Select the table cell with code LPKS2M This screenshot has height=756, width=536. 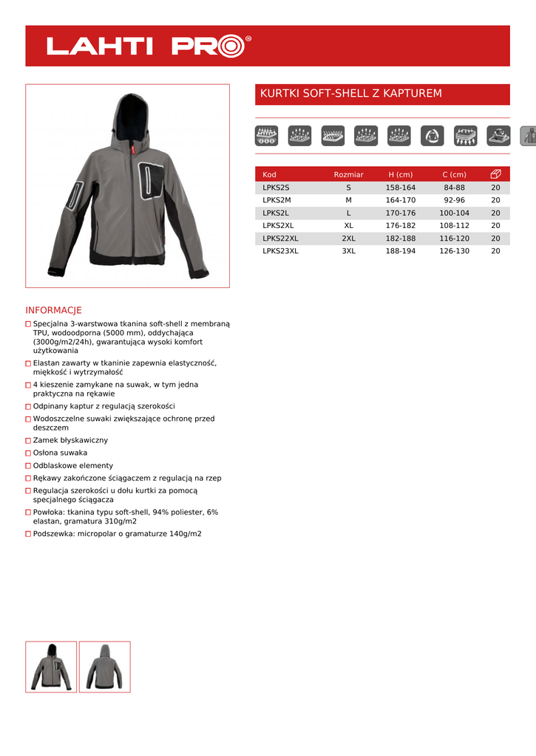(x=277, y=200)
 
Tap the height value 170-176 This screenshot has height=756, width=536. (x=401, y=213)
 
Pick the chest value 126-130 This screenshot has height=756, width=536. (x=454, y=251)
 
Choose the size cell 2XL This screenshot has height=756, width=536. (x=348, y=238)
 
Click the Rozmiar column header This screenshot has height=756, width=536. (x=348, y=175)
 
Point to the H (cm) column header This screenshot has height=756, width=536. (x=401, y=175)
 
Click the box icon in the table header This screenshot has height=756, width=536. (x=495, y=174)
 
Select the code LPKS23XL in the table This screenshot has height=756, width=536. (x=280, y=251)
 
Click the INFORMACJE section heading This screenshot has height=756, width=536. (x=53, y=310)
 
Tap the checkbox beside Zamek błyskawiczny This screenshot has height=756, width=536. (x=28, y=441)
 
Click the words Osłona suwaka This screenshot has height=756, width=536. (x=60, y=453)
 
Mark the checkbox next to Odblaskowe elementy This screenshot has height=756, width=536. (x=28, y=467)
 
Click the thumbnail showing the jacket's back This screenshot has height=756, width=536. (x=104, y=667)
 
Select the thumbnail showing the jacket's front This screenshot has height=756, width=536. (x=51, y=667)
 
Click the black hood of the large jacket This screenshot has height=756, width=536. (x=134, y=118)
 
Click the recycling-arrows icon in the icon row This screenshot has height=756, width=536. (x=432, y=136)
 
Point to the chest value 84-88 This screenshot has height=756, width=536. (x=454, y=188)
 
